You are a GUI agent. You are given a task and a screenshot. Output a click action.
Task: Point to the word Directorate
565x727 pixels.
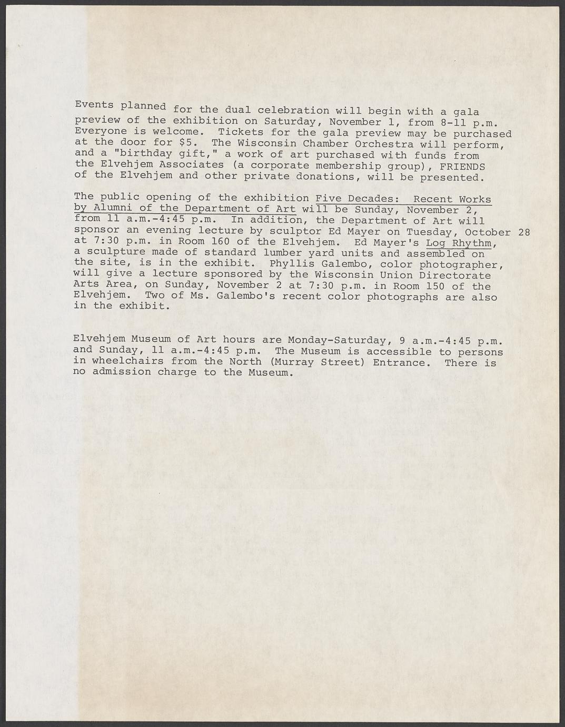[459, 276]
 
